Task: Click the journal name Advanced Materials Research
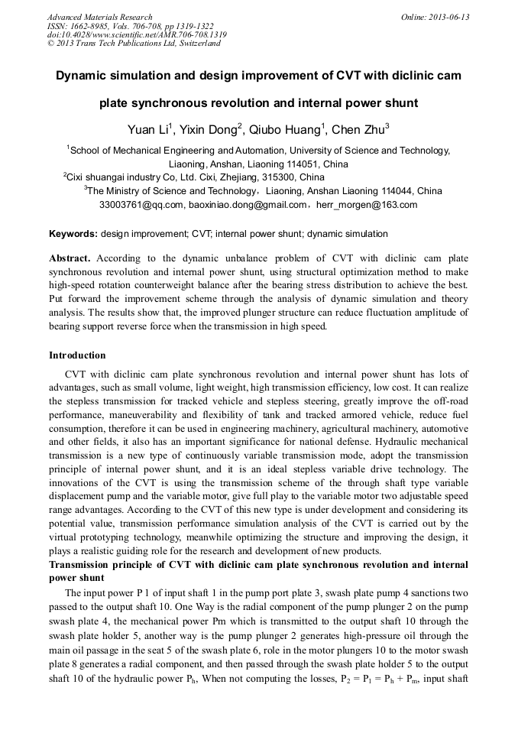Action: [99, 17]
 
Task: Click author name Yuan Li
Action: [147, 129]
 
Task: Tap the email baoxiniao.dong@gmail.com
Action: [246, 205]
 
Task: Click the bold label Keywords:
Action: [73, 234]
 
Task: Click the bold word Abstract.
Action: [70, 258]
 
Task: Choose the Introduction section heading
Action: [77, 355]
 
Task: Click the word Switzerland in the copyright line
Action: [195, 44]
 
